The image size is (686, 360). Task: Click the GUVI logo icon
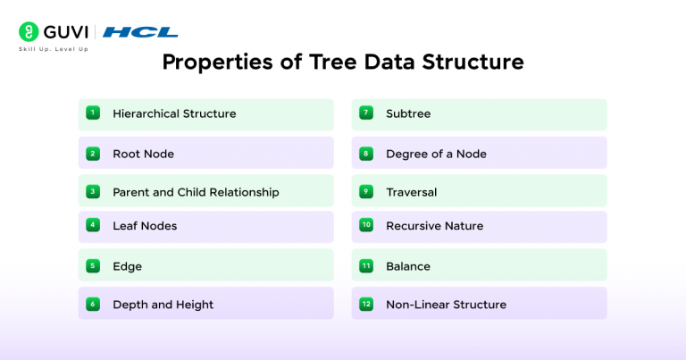click(28, 32)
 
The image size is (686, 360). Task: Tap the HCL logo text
click(140, 33)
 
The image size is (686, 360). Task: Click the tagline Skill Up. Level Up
click(54, 48)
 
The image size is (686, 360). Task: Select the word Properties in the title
click(213, 63)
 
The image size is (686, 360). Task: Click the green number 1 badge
click(93, 113)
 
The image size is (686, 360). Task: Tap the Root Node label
click(143, 154)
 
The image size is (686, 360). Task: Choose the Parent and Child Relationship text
click(196, 192)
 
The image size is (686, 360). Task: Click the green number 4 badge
click(93, 225)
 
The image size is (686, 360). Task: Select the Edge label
click(127, 266)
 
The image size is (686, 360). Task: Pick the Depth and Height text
click(163, 305)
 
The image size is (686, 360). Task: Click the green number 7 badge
click(366, 113)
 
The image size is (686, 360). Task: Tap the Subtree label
click(408, 114)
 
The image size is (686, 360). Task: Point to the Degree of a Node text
click(436, 154)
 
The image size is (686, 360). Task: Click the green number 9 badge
click(366, 191)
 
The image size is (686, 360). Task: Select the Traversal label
click(411, 192)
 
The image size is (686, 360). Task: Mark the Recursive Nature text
click(434, 226)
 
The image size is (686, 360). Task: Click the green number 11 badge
click(366, 266)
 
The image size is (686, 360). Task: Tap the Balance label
click(407, 266)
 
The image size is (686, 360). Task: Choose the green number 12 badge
click(366, 304)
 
